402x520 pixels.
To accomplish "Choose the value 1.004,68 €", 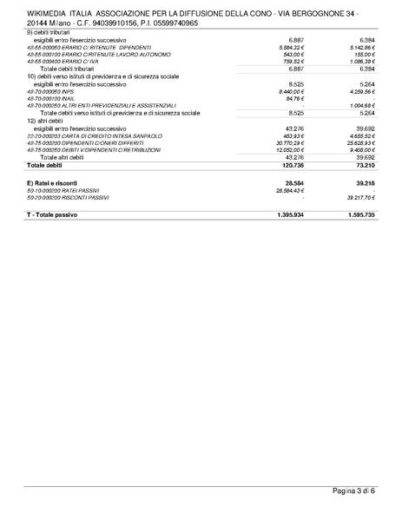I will pos(359,105).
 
